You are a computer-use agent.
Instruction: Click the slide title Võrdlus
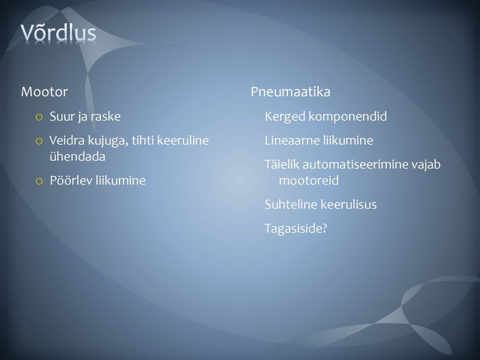point(59,32)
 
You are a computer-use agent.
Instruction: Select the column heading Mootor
point(45,92)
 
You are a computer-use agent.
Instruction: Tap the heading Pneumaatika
point(291,92)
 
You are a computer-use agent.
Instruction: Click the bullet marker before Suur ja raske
point(39,117)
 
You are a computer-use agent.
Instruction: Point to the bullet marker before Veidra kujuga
point(39,141)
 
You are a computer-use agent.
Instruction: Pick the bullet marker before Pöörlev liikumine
point(39,181)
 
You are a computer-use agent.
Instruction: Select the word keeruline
point(183,141)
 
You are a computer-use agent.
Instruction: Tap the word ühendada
point(77,157)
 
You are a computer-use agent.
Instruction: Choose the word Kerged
point(285,117)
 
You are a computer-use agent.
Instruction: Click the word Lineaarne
point(292,141)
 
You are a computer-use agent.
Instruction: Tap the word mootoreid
point(309,180)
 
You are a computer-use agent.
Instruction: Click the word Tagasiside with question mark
point(296,229)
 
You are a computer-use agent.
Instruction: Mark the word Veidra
point(67,141)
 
